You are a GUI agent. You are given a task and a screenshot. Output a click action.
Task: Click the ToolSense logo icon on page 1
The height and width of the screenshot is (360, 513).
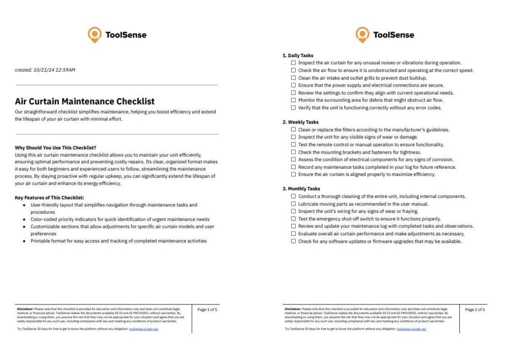[x=94, y=35]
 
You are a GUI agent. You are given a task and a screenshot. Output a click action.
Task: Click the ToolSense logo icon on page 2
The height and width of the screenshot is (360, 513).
[x=362, y=35]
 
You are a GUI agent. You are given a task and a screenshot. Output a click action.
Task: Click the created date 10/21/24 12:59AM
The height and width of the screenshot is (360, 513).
[x=45, y=70]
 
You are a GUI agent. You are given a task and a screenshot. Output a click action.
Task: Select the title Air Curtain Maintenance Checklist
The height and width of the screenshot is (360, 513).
[x=85, y=101]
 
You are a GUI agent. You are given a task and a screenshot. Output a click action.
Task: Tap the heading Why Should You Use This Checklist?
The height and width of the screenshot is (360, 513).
[x=55, y=148]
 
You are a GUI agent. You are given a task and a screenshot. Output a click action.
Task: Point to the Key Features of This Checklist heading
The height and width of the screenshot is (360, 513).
[x=49, y=198]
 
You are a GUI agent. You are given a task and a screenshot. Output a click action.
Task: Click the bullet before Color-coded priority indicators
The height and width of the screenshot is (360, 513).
[x=25, y=219]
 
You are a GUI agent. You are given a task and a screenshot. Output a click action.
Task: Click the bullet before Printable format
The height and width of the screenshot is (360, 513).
[x=25, y=241]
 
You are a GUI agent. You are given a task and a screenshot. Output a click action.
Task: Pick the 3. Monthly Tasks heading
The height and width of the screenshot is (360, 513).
[x=301, y=189]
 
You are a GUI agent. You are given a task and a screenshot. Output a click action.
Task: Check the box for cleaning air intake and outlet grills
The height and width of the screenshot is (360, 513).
[x=294, y=78]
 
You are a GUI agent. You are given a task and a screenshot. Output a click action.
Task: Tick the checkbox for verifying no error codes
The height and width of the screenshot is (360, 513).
[x=294, y=108]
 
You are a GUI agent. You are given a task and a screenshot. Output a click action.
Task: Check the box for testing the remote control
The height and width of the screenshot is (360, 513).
[x=294, y=145]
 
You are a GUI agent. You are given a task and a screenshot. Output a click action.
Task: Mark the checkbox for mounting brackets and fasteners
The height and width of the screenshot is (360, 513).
[x=294, y=152]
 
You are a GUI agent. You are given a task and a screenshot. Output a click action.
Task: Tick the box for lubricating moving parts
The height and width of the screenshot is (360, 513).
[x=294, y=204]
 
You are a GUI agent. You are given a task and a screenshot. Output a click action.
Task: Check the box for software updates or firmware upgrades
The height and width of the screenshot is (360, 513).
[x=294, y=241]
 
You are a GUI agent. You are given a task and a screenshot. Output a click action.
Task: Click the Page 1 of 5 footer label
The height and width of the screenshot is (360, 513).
[x=207, y=310]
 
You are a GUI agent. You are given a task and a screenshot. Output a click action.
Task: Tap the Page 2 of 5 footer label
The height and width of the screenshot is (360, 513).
[x=475, y=310]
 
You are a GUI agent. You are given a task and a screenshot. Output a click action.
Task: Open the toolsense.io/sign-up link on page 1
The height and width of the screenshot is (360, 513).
[x=144, y=329]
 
